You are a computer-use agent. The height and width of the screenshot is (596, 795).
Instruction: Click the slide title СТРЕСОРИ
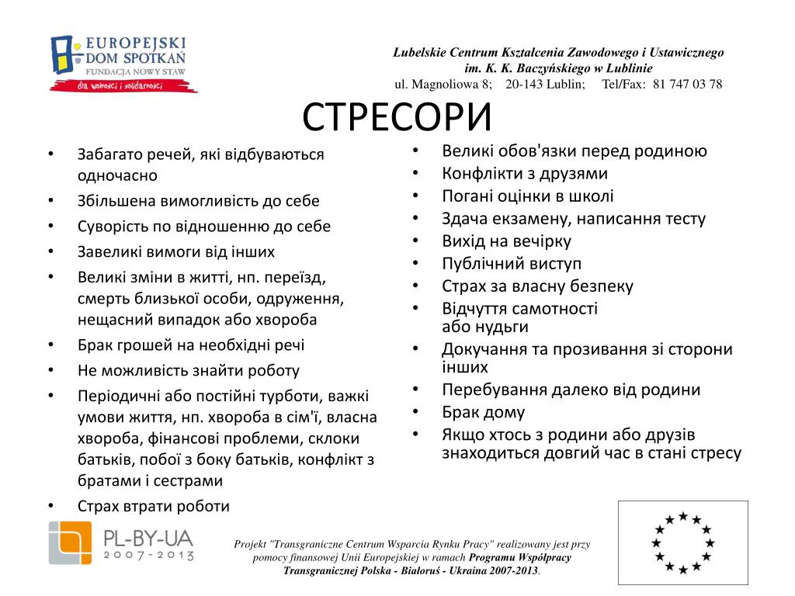click(x=397, y=117)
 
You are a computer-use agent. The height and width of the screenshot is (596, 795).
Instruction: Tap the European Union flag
click(x=682, y=542)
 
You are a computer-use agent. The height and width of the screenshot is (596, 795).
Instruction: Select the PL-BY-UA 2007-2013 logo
click(x=120, y=542)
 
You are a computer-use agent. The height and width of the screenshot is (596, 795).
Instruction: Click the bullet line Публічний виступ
click(x=512, y=263)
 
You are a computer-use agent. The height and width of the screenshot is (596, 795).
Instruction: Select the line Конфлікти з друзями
click(x=525, y=173)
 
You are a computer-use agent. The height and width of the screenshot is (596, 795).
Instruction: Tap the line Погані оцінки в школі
click(x=528, y=196)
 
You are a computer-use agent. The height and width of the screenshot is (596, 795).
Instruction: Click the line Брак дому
click(x=483, y=412)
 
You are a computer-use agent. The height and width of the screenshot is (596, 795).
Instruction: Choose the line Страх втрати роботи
click(x=154, y=506)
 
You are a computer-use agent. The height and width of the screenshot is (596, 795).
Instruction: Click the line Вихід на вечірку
click(x=506, y=241)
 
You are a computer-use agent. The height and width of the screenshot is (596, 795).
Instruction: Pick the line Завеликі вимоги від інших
click(x=175, y=251)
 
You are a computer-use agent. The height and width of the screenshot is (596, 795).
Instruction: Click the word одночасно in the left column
click(x=117, y=175)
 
